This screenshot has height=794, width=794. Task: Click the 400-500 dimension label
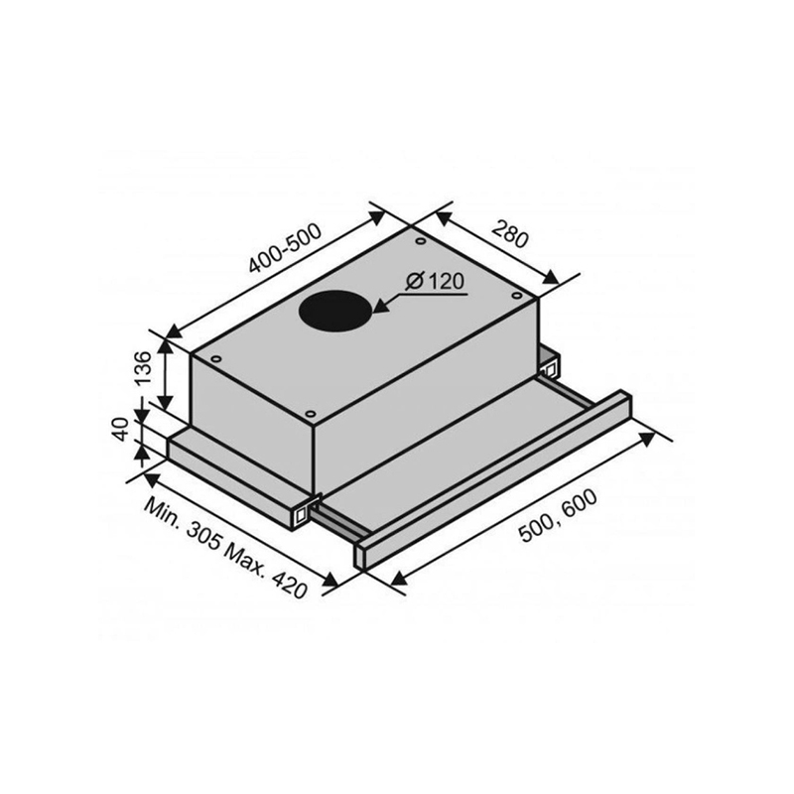285,247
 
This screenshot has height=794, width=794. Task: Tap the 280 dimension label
510,234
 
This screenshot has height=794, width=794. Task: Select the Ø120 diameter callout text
435,281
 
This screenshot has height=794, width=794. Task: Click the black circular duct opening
335,311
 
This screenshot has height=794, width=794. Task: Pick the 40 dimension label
120,430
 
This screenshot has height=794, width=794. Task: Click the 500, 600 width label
559,515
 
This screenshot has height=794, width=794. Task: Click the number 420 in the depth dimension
288,584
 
